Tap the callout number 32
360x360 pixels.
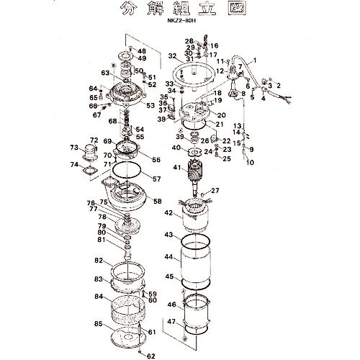[x=172, y=55]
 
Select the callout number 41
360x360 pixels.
[x=175, y=168]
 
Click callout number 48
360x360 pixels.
[x=142, y=51]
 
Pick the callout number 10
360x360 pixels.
[x=250, y=163]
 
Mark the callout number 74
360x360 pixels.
[x=75, y=164]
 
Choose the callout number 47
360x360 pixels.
[x=171, y=321]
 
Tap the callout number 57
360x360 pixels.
[x=157, y=176]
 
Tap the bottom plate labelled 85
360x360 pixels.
[x=127, y=338]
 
